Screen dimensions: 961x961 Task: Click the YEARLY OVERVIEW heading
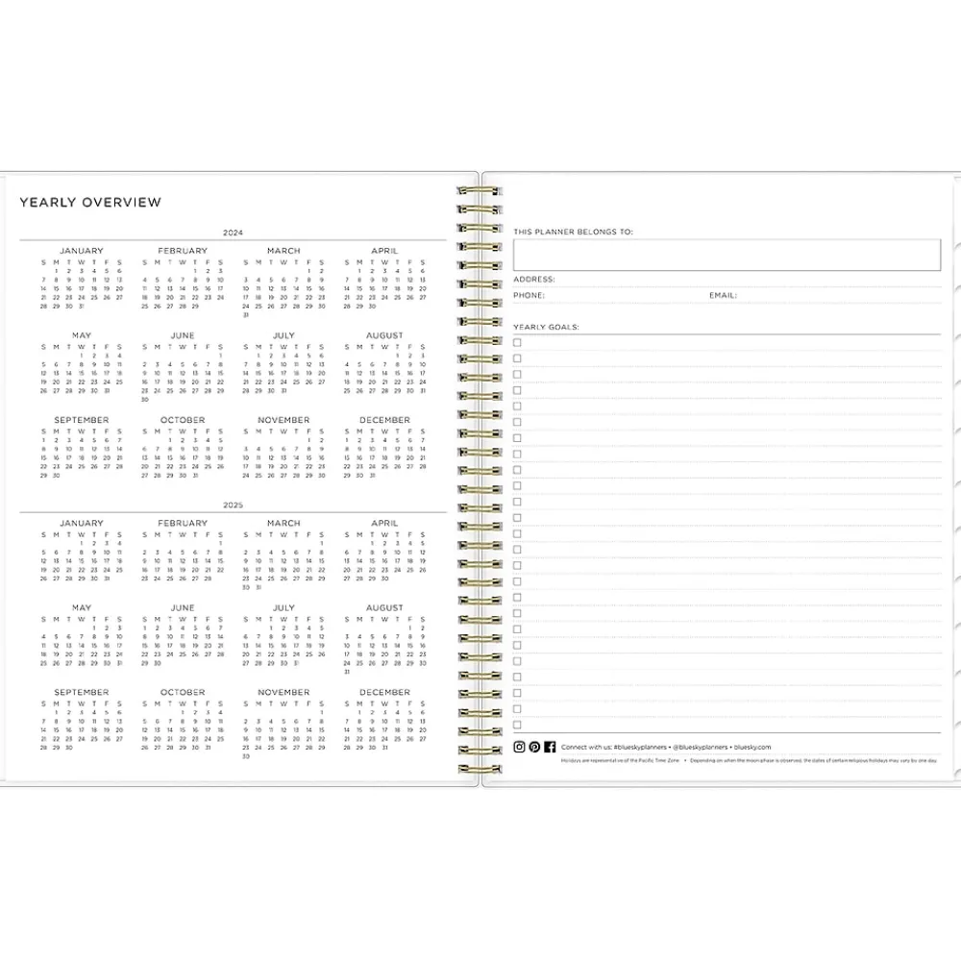pos(90,203)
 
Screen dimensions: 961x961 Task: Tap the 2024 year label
pos(233,234)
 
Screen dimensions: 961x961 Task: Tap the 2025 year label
pos(233,505)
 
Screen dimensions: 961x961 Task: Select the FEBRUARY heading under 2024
pos(183,251)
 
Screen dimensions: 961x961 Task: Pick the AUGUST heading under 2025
pos(384,608)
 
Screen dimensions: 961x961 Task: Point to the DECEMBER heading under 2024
pos(384,420)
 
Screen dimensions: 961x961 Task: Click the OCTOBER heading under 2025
pos(183,692)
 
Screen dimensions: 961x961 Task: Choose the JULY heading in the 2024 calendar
pos(283,335)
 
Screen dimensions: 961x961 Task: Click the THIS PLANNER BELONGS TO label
pos(573,232)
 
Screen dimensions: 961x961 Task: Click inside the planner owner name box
pos(727,255)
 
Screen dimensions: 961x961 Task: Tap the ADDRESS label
pos(533,280)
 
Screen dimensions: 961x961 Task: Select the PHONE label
pos(529,295)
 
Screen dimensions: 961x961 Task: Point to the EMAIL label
pos(723,295)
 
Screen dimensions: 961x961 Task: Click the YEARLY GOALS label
pos(546,327)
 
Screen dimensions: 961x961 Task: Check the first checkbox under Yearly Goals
pos(517,342)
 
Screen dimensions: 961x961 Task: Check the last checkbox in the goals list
pos(517,725)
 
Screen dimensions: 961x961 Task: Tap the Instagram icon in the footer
pos(519,747)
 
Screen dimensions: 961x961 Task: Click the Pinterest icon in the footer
pos(534,747)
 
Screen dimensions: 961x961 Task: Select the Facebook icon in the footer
pos(550,747)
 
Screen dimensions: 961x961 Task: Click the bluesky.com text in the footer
pos(752,747)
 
